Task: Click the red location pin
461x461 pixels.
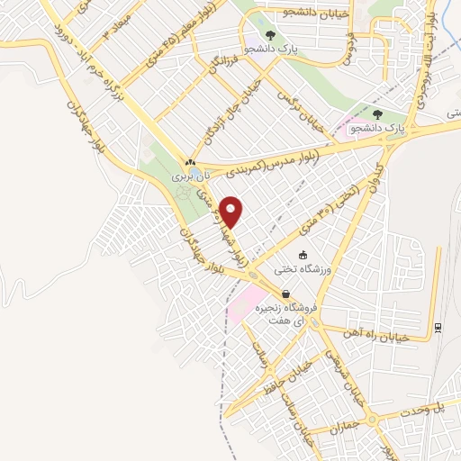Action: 231,212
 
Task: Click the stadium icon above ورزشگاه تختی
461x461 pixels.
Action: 303,255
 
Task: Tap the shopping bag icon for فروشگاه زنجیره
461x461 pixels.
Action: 285,294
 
